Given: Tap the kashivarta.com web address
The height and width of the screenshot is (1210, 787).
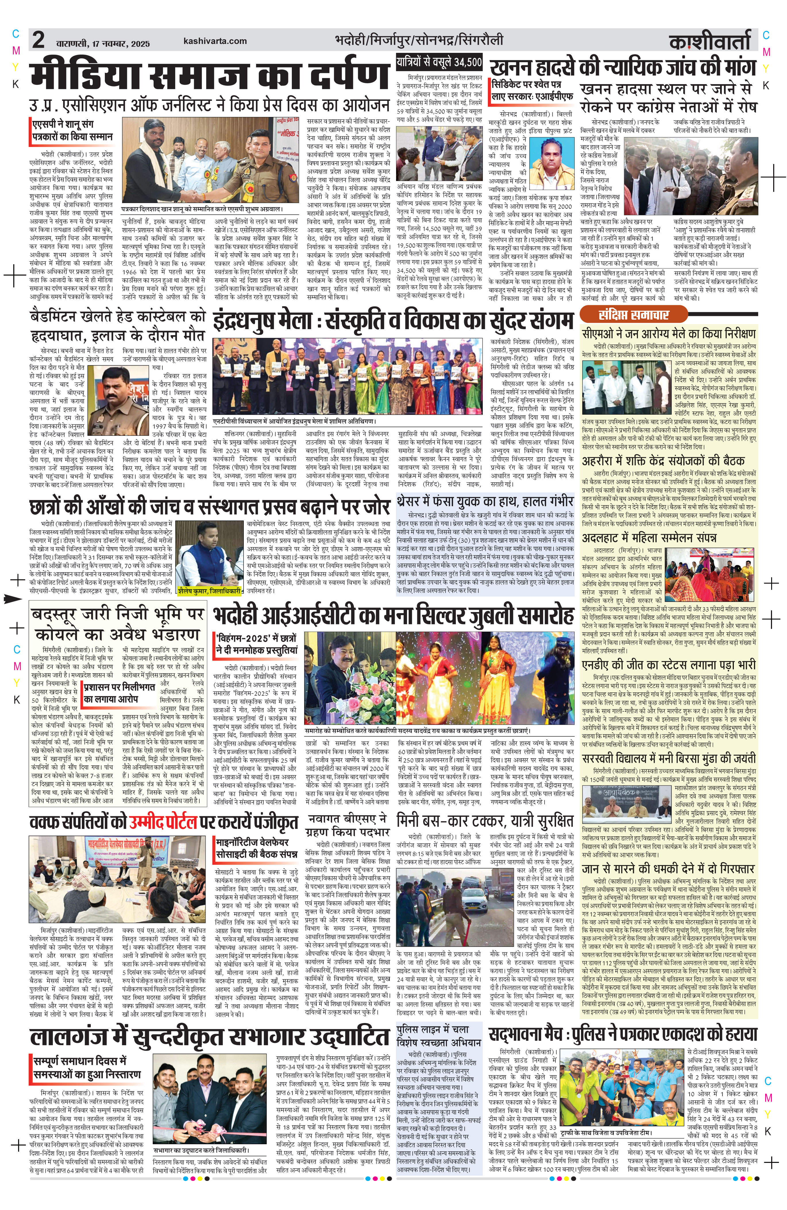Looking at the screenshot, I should click(215, 41).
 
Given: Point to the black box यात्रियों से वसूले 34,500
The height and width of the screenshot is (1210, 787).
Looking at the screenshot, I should click(439, 63).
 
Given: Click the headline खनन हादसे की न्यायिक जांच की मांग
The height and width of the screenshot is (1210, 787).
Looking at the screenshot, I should click(622, 67).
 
